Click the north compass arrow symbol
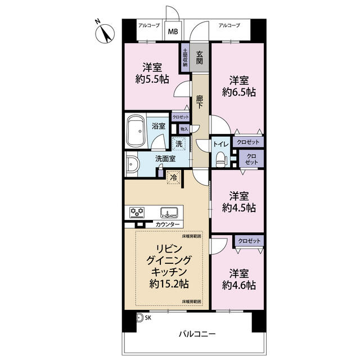tap(102, 33)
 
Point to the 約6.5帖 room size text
tap(239, 92)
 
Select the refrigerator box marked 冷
tap(174, 177)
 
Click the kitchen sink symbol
tap(169, 212)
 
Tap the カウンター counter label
tap(168, 224)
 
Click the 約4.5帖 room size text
tap(239, 208)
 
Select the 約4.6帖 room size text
tap(239, 285)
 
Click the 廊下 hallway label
tap(199, 101)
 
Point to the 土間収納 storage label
tap(184, 58)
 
